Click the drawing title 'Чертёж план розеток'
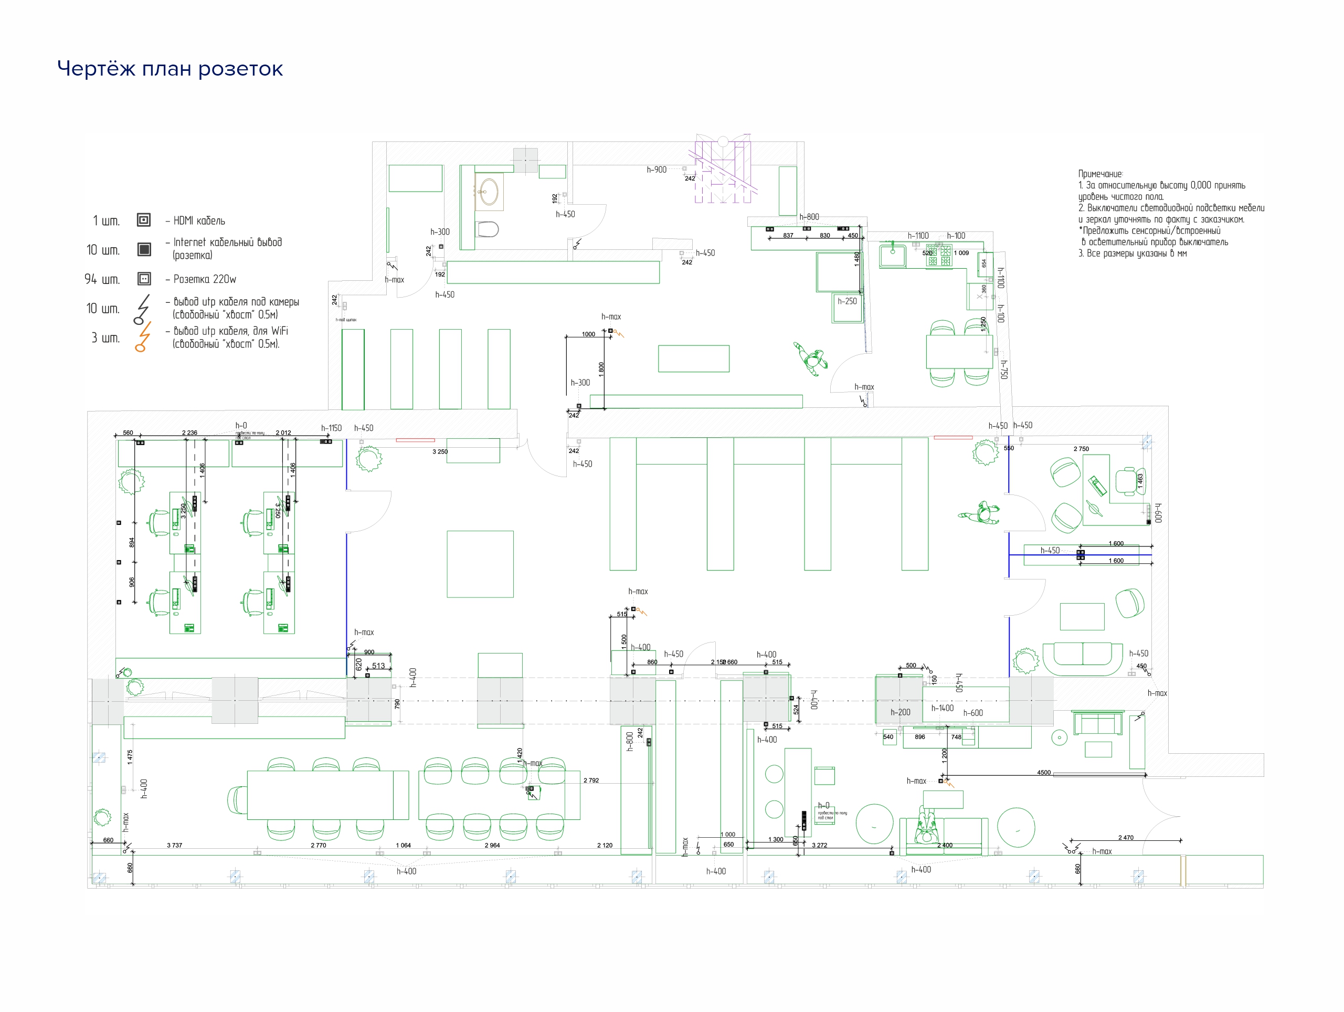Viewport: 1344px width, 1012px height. click(170, 69)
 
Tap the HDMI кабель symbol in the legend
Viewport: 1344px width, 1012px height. click(143, 220)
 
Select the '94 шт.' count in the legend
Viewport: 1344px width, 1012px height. click(102, 279)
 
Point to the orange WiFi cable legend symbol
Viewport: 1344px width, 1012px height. click(143, 338)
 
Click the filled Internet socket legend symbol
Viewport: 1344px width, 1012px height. click(144, 249)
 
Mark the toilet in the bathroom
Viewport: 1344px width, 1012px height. click(488, 229)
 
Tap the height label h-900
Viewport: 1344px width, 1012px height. click(656, 170)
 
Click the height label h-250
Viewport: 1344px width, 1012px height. click(847, 301)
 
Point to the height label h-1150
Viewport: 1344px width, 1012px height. click(331, 428)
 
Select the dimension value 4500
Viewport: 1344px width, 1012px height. click(1043, 773)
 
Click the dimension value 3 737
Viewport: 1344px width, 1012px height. click(174, 845)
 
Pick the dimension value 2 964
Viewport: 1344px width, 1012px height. click(492, 845)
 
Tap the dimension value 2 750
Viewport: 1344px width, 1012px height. click(1081, 449)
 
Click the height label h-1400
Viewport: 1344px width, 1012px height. click(943, 708)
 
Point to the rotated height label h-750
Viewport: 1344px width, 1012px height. click(1004, 370)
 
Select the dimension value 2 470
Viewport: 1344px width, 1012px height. click(1125, 837)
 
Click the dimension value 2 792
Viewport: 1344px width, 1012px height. click(591, 780)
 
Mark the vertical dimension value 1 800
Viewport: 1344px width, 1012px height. click(601, 370)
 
